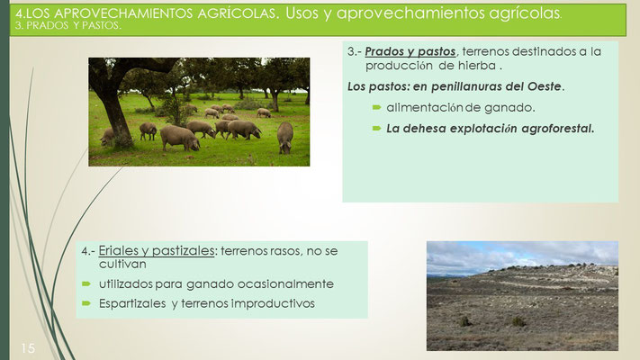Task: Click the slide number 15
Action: coord(28,348)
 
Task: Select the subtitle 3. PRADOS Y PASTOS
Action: coord(68,26)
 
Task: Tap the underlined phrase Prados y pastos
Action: coord(410,52)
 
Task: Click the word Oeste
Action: coord(544,86)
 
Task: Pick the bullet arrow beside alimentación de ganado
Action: coord(376,107)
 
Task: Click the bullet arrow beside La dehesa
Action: coord(376,128)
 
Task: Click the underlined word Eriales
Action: coord(118,250)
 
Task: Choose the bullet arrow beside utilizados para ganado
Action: coord(86,283)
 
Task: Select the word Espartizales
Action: coord(132,303)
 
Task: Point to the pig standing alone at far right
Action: coord(285,137)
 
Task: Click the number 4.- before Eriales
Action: coord(88,250)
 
